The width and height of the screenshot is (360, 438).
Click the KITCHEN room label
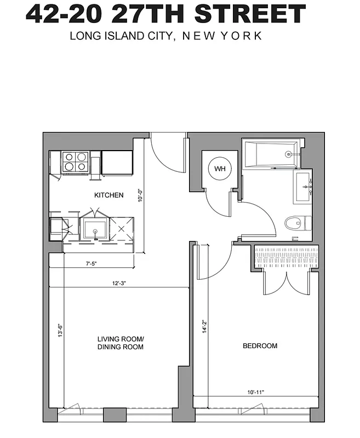coord(109,195)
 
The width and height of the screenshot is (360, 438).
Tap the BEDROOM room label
coord(260,346)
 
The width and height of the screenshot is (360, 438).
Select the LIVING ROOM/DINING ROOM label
coord(120,343)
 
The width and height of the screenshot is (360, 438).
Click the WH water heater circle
coord(219,168)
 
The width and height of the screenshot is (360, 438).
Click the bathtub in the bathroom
coord(271,154)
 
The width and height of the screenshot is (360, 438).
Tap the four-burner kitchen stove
coord(75,162)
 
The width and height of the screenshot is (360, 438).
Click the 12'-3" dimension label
coord(121,284)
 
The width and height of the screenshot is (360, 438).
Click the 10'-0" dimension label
coord(140,196)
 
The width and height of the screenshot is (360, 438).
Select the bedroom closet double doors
coord(286,281)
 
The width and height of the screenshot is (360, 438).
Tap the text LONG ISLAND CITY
coord(119,36)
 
